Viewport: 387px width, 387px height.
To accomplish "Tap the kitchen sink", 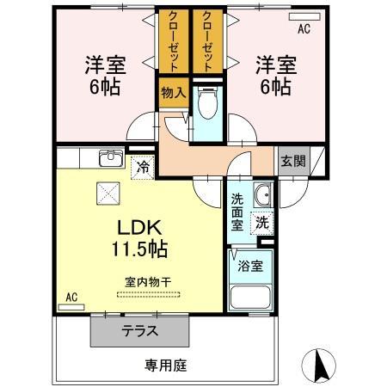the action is pyautogui.click(x=111, y=158).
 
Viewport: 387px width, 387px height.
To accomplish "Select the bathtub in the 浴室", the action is pyautogui.click(x=250, y=297).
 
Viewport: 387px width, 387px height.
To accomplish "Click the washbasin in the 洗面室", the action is pyautogui.click(x=263, y=195).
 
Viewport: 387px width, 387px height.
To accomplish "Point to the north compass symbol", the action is pyautogui.click(x=319, y=365).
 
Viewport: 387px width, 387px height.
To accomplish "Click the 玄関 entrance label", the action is pyautogui.click(x=293, y=161).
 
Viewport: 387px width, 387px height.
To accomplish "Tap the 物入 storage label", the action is pyautogui.click(x=174, y=93).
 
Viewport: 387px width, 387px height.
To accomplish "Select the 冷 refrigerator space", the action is pyautogui.click(x=143, y=168).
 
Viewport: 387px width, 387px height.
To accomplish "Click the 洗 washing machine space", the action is pyautogui.click(x=262, y=223).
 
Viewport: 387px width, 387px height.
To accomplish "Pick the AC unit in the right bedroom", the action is pyautogui.click(x=304, y=17).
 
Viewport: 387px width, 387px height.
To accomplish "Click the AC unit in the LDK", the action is pyautogui.click(x=71, y=307).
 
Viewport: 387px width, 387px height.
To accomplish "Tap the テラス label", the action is pyautogui.click(x=140, y=331).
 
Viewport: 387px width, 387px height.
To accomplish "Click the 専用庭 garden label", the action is pyautogui.click(x=166, y=365).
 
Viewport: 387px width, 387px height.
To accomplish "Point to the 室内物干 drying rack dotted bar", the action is pyautogui.click(x=149, y=294).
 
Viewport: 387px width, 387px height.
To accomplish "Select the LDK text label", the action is pyautogui.click(x=139, y=228).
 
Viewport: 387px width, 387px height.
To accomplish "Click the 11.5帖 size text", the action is pyautogui.click(x=139, y=249).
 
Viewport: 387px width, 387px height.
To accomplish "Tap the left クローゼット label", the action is pyautogui.click(x=174, y=40).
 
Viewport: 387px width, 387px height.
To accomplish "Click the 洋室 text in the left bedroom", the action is pyautogui.click(x=105, y=65).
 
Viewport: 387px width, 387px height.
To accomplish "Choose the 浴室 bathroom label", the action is pyautogui.click(x=250, y=267).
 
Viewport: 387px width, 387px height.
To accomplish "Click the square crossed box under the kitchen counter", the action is pyautogui.click(x=108, y=193).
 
